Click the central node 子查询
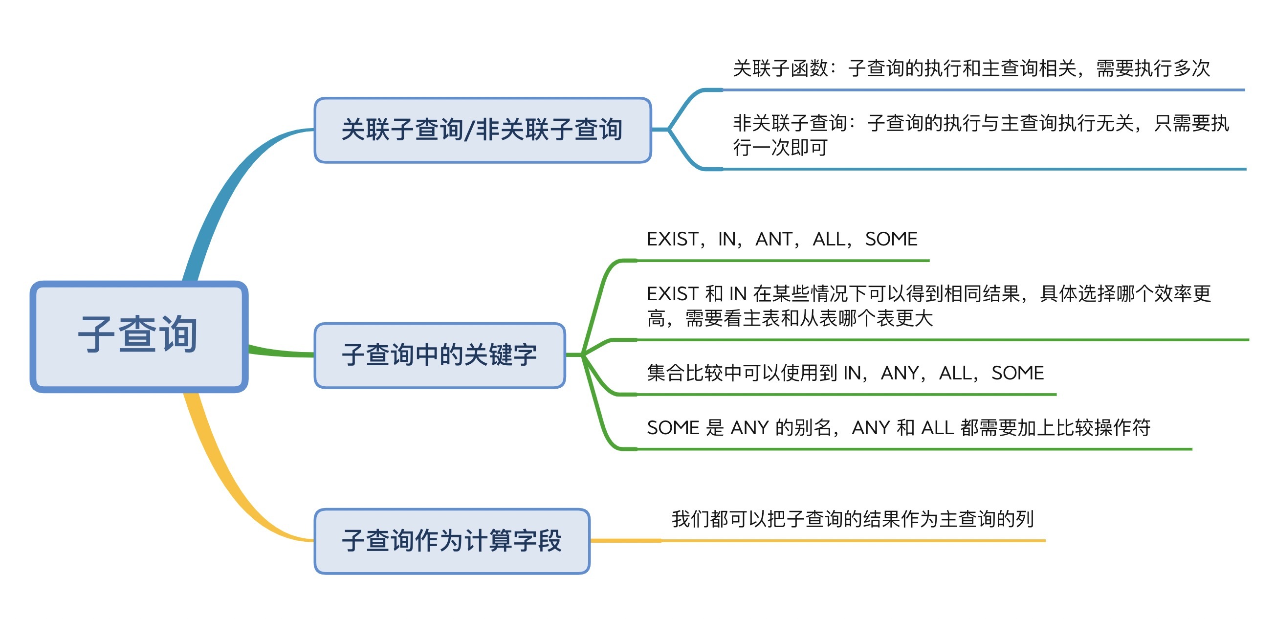pos(139,337)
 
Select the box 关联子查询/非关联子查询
pos(483,130)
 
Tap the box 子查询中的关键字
pos(440,355)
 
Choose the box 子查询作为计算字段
pos(452,541)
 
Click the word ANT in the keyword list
pos(773,239)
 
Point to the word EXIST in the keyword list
pos(672,239)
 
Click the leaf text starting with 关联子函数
pos(971,68)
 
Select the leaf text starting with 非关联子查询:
pos(981,134)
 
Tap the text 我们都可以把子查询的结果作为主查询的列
pos(852,519)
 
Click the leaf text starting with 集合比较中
pos(845,373)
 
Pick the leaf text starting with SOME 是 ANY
pos(898,427)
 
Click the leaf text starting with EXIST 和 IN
pos(928,306)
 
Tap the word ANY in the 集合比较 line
pos(900,373)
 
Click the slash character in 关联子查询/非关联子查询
pos(469,130)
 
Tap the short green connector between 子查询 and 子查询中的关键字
pos(281,353)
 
